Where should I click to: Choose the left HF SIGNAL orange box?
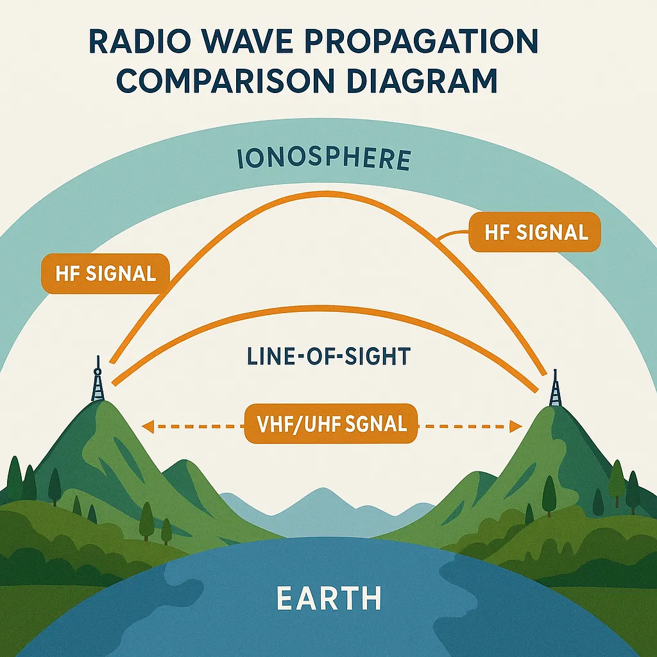106,274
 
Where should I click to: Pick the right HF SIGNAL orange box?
536,232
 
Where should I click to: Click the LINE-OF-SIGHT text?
327,357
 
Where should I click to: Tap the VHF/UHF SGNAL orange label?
331,424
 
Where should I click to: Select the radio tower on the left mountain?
98,380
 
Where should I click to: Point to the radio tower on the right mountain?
554,388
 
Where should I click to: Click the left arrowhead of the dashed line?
146,424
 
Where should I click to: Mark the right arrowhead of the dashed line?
515,425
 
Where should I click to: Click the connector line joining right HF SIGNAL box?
452,236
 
